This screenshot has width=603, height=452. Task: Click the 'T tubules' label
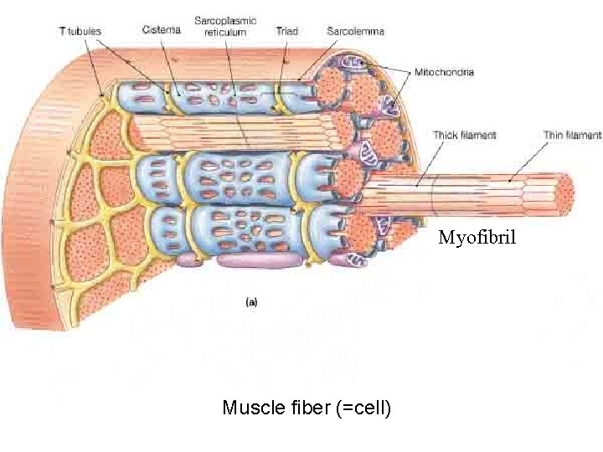(x=80, y=32)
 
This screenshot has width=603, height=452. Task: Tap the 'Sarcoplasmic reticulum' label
(x=225, y=26)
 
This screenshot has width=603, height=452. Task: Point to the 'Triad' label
(x=286, y=32)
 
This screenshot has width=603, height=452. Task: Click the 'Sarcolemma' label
(x=357, y=32)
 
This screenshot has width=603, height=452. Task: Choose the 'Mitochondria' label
(x=445, y=72)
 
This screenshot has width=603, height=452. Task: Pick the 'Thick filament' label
(x=465, y=135)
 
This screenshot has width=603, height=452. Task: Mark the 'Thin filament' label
(x=572, y=135)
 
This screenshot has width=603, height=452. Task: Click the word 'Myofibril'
(x=478, y=239)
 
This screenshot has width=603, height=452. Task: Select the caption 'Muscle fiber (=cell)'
(x=307, y=408)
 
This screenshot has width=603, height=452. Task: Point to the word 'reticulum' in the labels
(x=225, y=32)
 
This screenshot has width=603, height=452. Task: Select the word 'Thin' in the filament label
(x=555, y=135)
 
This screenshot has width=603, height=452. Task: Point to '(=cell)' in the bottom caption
(x=363, y=408)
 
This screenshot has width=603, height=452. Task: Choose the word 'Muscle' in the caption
(x=250, y=408)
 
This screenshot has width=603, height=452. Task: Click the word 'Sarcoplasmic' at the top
(x=225, y=20)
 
